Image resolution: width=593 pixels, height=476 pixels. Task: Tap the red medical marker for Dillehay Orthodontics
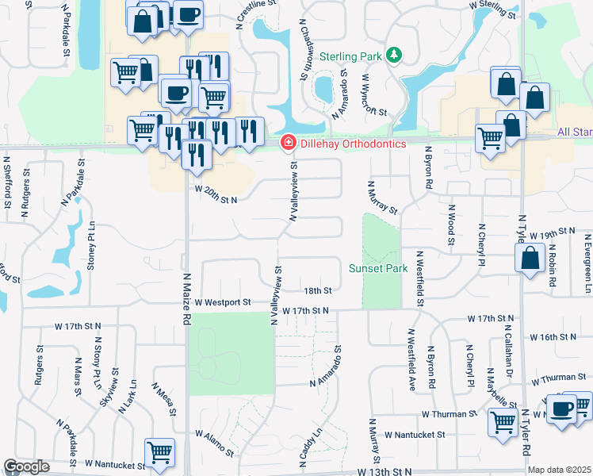(x=289, y=143)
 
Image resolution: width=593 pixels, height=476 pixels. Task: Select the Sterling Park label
(x=351, y=56)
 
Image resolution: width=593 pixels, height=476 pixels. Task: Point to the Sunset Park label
(x=378, y=268)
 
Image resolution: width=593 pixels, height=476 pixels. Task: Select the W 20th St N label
(x=216, y=200)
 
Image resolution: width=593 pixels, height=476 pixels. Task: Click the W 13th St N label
(x=384, y=471)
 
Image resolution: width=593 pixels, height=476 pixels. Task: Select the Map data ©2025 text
(x=560, y=470)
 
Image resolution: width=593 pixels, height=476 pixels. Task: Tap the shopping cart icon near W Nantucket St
(x=160, y=452)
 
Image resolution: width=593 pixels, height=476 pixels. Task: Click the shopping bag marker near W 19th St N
(x=529, y=258)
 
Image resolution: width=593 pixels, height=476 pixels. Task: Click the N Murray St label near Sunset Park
(x=382, y=197)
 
